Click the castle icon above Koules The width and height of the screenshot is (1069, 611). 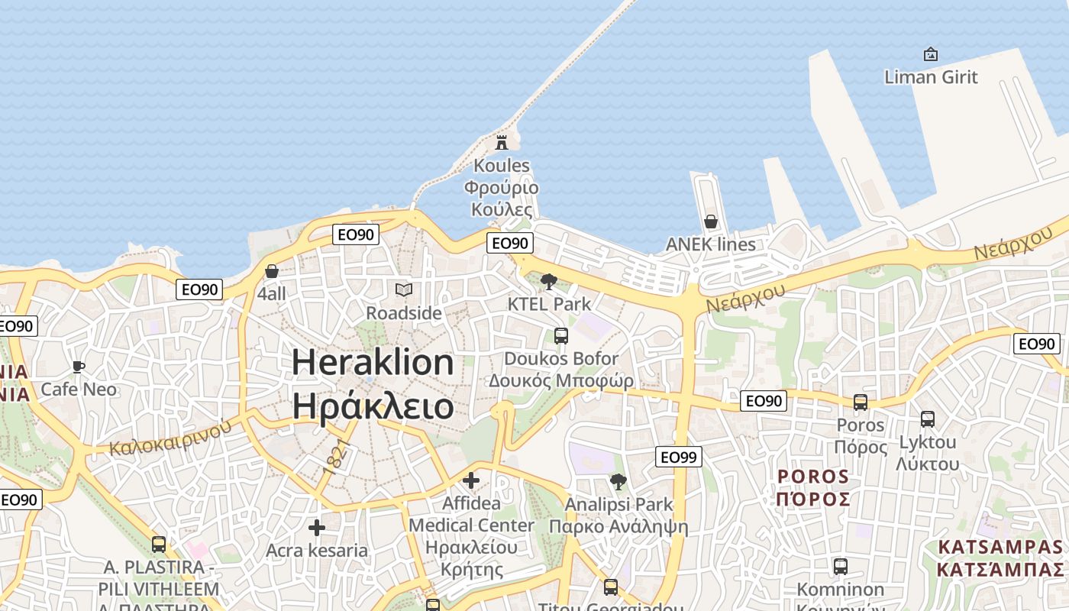tap(502, 142)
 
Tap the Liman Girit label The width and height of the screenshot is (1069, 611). tap(931, 76)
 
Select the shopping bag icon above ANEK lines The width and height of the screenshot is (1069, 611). tap(711, 221)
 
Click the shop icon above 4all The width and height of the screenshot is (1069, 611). tap(272, 271)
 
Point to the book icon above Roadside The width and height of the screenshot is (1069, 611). tap(404, 290)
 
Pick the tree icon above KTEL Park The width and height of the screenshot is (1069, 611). tap(548, 282)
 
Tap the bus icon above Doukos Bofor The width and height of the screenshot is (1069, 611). tap(560, 335)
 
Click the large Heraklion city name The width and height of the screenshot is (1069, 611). tap(373, 361)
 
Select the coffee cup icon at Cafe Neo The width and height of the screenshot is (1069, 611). tap(78, 367)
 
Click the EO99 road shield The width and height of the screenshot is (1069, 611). tap(678, 457)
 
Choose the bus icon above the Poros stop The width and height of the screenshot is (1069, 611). tap(861, 402)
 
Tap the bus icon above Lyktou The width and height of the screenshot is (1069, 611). tap(927, 419)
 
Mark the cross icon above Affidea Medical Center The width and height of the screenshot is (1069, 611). tap(471, 480)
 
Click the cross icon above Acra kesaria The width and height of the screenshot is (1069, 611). tap(317, 528)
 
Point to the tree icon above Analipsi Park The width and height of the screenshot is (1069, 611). tap(618, 482)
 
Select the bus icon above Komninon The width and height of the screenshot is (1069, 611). tap(840, 567)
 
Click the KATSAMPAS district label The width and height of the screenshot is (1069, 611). tap(1000, 547)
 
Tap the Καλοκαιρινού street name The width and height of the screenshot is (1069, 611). tap(170, 438)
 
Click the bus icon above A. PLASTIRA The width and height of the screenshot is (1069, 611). tap(159, 545)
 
